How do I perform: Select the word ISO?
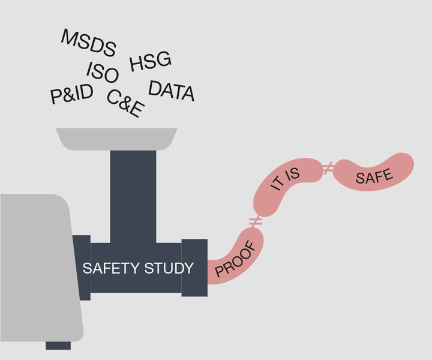point(103,73)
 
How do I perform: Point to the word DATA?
point(172,91)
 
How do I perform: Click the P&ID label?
point(72,94)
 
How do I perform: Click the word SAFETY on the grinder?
point(110,268)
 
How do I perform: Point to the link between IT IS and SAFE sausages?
point(328,169)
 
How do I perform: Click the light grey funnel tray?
point(117,139)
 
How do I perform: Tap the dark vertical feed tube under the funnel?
point(133,192)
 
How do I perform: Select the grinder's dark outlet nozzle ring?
point(194,267)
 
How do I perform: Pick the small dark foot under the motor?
point(58,345)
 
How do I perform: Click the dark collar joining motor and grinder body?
point(82,268)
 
